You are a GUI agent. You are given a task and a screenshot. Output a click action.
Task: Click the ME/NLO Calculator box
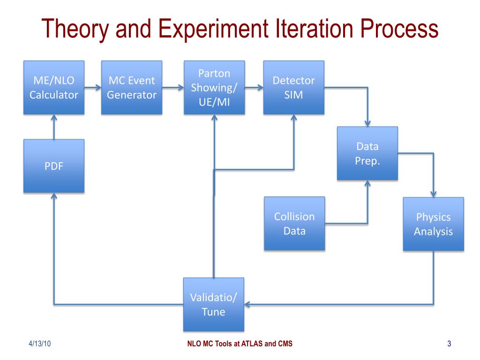54,88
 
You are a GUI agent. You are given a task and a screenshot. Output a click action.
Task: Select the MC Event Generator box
132,88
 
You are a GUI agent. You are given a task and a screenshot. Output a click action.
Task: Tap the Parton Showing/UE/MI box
214,88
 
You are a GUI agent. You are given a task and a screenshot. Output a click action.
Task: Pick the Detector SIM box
293,88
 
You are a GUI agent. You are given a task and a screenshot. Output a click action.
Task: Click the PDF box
54,165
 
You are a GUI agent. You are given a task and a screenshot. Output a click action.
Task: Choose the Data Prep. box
367,153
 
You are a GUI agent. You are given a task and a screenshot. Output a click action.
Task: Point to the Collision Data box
294,224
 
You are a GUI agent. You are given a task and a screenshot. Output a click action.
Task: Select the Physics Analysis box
433,224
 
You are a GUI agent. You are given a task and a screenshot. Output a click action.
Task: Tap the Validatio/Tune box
213,304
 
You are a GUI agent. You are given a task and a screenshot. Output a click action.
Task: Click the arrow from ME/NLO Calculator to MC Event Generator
93,88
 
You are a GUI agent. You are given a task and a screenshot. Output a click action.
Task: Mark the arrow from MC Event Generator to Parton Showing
173,88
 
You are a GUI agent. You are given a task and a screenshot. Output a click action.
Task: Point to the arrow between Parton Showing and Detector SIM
254,88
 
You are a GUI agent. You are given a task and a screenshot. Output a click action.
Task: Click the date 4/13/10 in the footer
39,344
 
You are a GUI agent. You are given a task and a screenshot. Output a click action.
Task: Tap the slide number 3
449,344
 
